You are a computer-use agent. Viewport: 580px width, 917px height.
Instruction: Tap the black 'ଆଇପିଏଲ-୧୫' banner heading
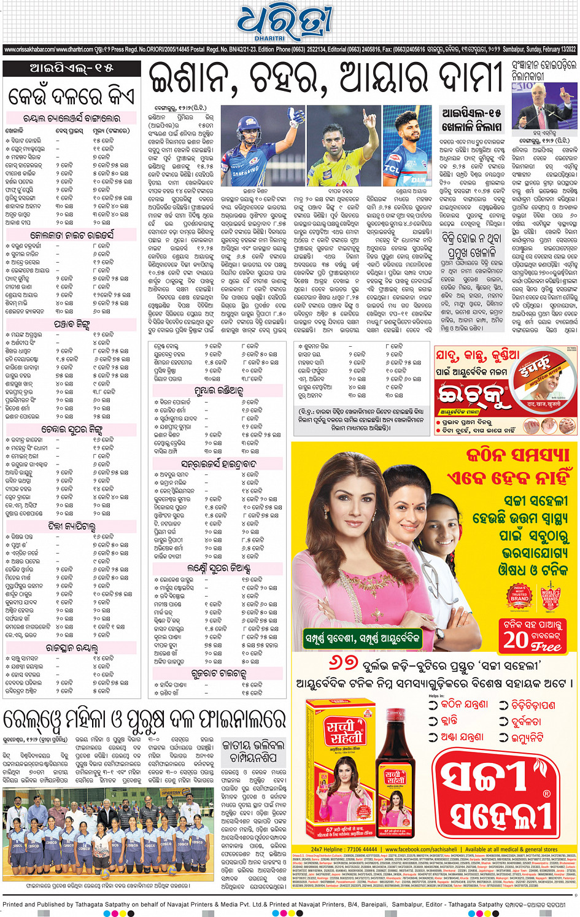point(72,68)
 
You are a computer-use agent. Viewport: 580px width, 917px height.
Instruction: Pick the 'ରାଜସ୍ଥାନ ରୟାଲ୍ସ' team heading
point(72,647)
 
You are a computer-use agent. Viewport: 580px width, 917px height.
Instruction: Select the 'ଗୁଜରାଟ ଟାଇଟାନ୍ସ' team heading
point(218,673)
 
